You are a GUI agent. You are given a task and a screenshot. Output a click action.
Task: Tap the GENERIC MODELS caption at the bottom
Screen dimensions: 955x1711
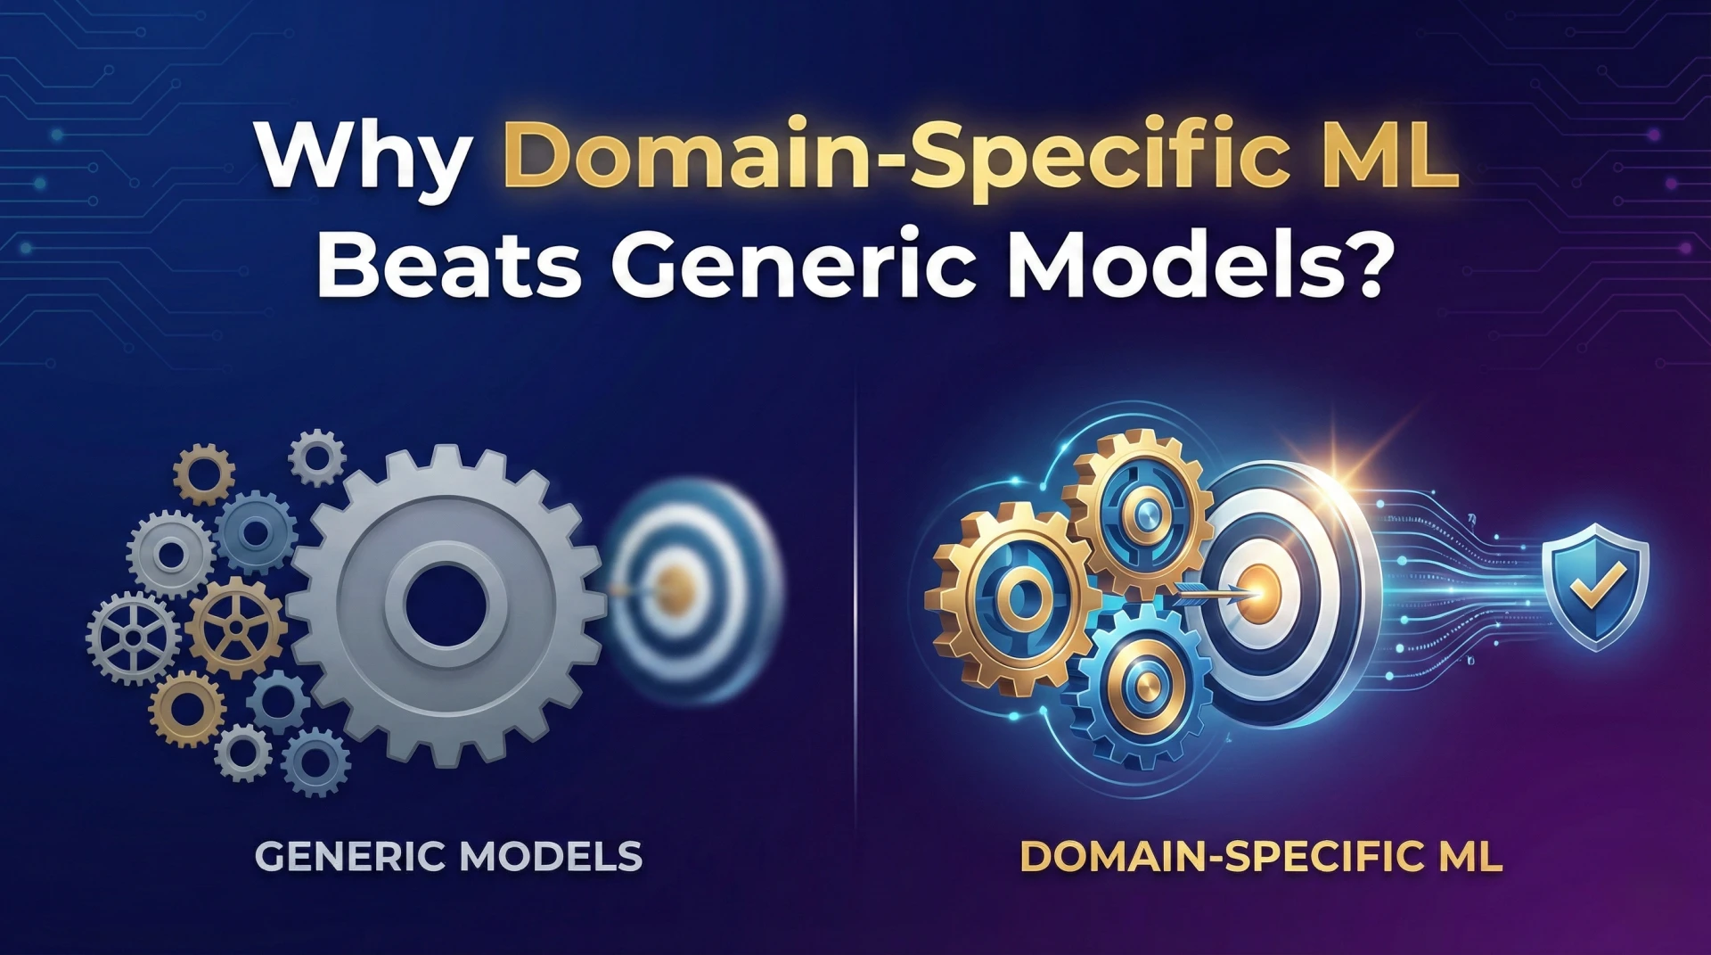448,857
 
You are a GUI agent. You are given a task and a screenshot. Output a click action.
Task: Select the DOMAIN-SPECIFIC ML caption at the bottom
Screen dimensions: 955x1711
1261,857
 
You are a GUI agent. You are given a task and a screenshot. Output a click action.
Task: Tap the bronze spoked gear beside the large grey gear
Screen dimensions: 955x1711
234,627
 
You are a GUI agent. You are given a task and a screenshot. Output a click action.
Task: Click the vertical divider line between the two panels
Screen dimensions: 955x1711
855,606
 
